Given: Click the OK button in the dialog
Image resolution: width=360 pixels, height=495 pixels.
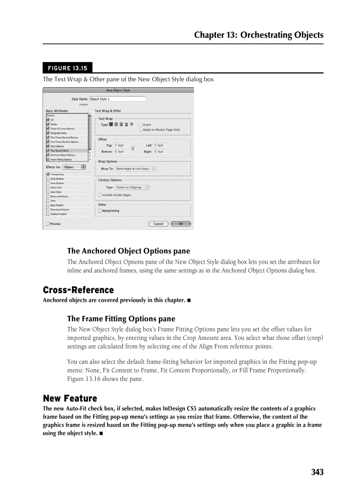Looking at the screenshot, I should coord(180,224).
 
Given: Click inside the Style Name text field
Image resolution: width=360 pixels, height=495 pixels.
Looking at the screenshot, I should coord(117,99).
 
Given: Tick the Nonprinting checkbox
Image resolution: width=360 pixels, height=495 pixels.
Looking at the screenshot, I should coord(100,211).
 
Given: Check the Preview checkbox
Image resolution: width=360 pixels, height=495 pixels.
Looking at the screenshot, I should coord(48,224).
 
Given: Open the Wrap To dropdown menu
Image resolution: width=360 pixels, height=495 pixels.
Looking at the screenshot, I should coord(135,169).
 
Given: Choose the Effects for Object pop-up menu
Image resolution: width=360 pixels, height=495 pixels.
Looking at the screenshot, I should coord(74,167).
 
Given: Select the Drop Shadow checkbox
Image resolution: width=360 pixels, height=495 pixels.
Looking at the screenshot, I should coord(48,179).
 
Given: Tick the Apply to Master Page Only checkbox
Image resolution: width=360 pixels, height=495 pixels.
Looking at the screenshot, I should coord(141,130).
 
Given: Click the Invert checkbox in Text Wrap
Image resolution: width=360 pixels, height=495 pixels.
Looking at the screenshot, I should coord(141,125).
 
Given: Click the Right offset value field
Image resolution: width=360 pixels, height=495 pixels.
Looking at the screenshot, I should coord(160,152).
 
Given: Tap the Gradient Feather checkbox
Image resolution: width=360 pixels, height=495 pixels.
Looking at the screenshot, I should coord(48,214).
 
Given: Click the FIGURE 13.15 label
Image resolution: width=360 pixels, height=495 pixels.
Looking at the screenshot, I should coord(67,68).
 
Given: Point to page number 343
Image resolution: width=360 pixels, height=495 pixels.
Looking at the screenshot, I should coord(317,473).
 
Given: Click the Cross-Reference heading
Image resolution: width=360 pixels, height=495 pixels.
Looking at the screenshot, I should coord(78,290).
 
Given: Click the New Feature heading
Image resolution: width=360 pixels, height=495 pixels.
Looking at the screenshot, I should coord(70,398).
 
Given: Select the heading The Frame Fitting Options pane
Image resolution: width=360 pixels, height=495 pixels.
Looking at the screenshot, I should coord(121,319).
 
